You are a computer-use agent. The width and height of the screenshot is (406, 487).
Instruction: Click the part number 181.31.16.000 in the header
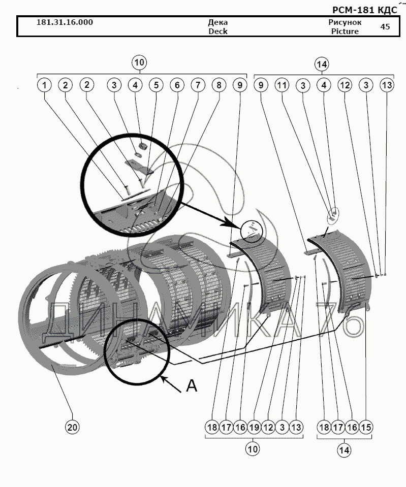click(x=65, y=22)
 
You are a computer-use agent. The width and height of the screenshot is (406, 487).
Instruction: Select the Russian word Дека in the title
click(x=217, y=22)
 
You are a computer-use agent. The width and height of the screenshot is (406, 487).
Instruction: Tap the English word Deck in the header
click(x=217, y=31)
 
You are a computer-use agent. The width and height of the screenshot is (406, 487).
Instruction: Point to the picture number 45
click(x=385, y=27)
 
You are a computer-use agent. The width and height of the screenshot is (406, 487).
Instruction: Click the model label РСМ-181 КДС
click(x=365, y=10)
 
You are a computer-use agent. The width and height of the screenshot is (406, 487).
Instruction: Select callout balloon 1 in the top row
click(x=44, y=85)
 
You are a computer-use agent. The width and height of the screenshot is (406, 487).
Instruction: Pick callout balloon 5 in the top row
click(x=156, y=85)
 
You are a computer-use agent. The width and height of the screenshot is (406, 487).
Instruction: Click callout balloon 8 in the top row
click(x=219, y=85)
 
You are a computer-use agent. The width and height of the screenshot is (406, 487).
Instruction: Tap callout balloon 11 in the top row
click(x=282, y=85)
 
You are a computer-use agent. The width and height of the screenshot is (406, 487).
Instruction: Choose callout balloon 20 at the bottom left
click(x=72, y=428)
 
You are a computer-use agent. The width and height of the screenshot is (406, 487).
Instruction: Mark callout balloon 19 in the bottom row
click(x=254, y=428)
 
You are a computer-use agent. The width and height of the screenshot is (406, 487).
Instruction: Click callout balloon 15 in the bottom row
click(x=366, y=428)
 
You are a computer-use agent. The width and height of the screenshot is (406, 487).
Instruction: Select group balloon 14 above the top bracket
click(x=322, y=64)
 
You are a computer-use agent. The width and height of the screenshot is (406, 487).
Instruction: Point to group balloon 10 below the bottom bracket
click(x=253, y=449)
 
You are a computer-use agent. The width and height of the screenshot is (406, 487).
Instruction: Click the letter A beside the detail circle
click(x=192, y=386)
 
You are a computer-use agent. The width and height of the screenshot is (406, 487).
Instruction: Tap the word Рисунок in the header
click(x=345, y=22)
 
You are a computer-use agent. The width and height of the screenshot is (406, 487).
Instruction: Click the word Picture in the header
click(x=345, y=31)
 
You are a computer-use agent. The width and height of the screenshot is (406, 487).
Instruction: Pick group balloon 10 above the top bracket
click(x=139, y=62)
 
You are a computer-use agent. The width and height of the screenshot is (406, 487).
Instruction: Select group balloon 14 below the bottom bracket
click(x=344, y=450)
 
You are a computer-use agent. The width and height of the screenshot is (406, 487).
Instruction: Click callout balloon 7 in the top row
click(x=198, y=85)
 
